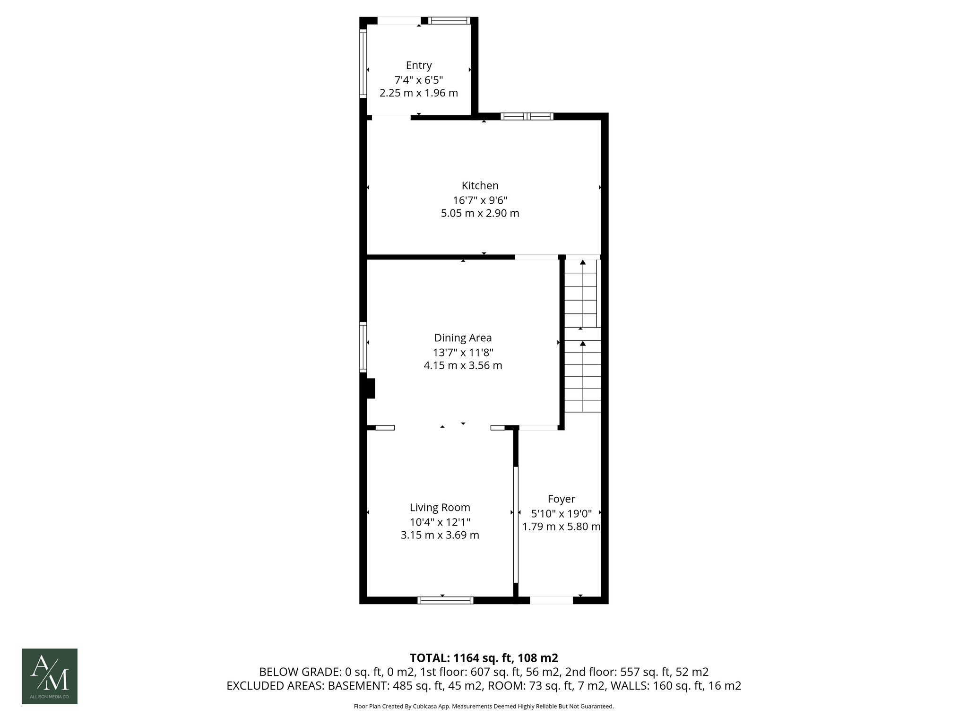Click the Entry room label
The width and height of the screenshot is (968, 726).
point(419,65)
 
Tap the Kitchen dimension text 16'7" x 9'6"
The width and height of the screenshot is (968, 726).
point(480,199)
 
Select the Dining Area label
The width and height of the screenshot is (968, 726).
point(463,338)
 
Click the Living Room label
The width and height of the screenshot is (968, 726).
point(440,508)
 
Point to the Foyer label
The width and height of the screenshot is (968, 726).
point(561,499)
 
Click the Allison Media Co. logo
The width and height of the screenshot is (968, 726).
point(50,676)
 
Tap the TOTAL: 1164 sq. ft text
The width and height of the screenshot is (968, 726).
point(484,658)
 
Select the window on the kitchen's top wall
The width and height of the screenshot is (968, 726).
point(527,116)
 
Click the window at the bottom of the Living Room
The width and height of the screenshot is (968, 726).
point(445,600)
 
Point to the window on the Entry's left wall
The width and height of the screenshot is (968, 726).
point(363,63)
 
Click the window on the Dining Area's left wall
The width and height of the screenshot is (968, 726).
point(363,347)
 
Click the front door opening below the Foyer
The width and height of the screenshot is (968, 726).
point(551,600)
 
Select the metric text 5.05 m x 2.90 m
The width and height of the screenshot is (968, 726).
point(480,213)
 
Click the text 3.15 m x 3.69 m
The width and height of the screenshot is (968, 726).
point(440,535)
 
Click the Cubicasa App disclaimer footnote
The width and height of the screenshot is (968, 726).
point(484,707)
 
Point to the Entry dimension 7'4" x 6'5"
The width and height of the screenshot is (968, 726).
point(419,79)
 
